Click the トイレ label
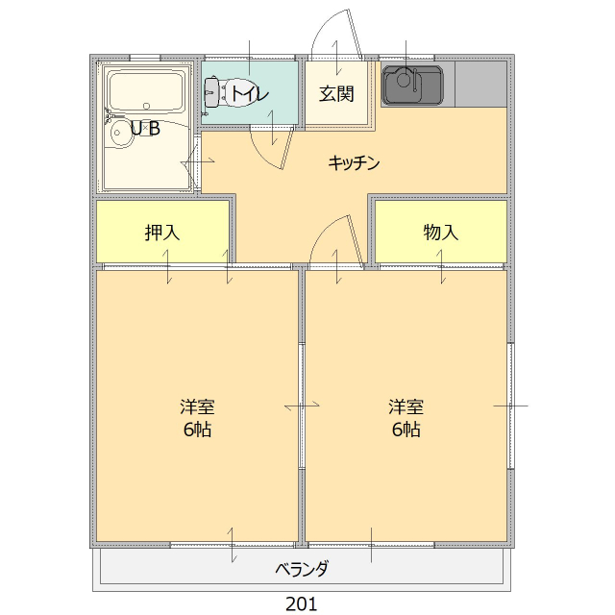tap(249, 93)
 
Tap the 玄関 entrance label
tap(337, 93)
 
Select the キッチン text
tap(354, 163)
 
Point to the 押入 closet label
tap(162, 232)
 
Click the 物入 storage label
tap(441, 232)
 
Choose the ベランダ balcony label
tap(302, 568)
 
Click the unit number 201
tap(302, 603)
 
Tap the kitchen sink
tap(412, 86)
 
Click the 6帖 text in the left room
tap(197, 429)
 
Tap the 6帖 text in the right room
tap(406, 429)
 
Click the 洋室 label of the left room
tap(197, 406)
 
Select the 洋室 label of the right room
tap(406, 406)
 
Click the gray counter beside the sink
tap(480, 86)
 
